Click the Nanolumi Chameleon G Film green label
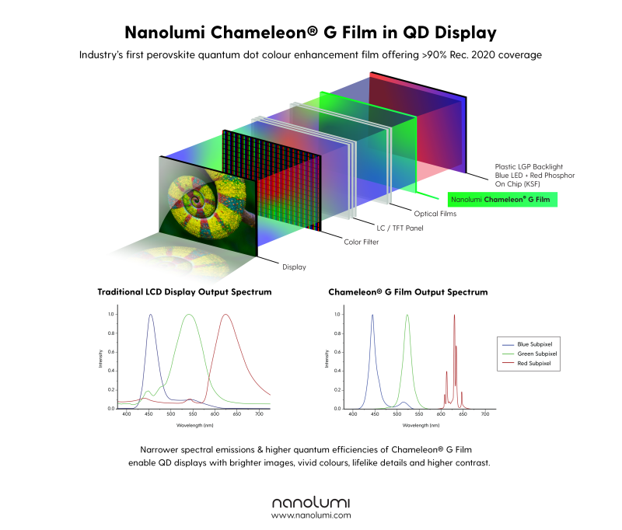pos(502,200)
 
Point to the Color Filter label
pos(363,242)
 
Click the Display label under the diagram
pos(294,267)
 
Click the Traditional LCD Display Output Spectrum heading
pos(183,292)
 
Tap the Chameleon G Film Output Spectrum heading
pos(407,292)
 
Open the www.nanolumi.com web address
pos(311,514)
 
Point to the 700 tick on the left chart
pos(259,415)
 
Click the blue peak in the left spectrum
pos(150,316)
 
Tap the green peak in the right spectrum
pos(407,316)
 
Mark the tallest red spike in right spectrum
pos(454,316)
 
